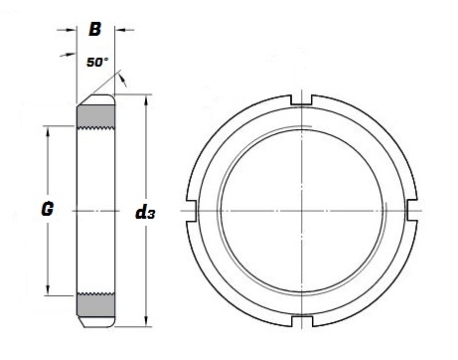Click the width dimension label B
pyautogui.click(x=95, y=30)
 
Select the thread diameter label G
pyautogui.click(x=47, y=211)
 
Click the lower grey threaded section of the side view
pyautogui.click(x=96, y=302)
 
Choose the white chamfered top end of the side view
pyautogui.click(x=97, y=99)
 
